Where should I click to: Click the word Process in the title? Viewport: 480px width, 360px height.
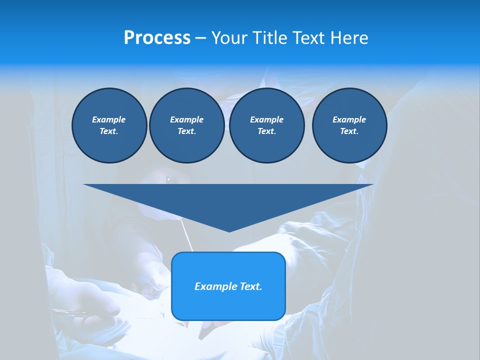pyautogui.click(x=157, y=38)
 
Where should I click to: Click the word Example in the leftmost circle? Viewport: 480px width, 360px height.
pyautogui.click(x=109, y=119)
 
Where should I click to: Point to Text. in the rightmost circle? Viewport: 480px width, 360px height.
pyautogui.click(x=349, y=131)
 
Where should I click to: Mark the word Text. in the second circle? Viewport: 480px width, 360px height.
pyautogui.click(x=186, y=131)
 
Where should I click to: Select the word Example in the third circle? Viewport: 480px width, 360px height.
pyautogui.click(x=266, y=119)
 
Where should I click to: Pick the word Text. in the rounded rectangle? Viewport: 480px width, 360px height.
pyautogui.click(x=250, y=286)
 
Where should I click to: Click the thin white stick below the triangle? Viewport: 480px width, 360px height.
pyautogui.click(x=186, y=237)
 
